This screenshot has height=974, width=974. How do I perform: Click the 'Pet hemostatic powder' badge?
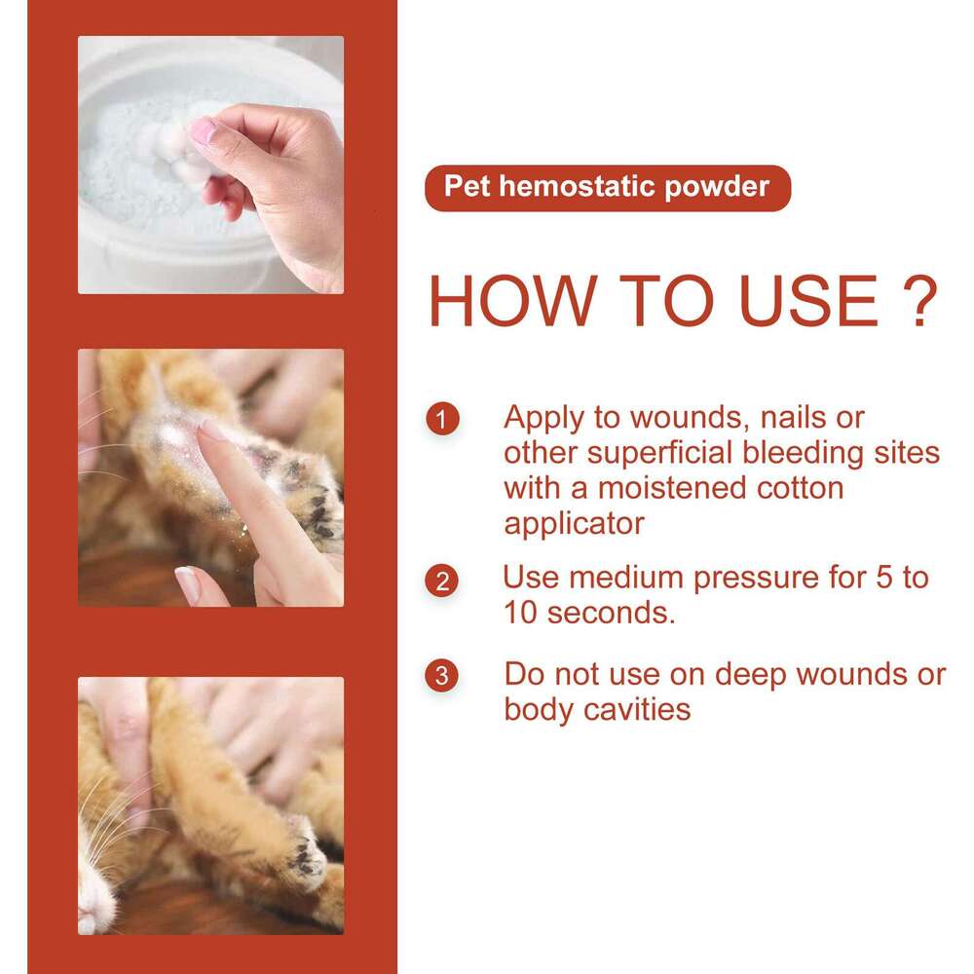point(607,188)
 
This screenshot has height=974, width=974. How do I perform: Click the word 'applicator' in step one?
point(574,524)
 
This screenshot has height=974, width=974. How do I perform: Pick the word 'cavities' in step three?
point(637,709)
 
